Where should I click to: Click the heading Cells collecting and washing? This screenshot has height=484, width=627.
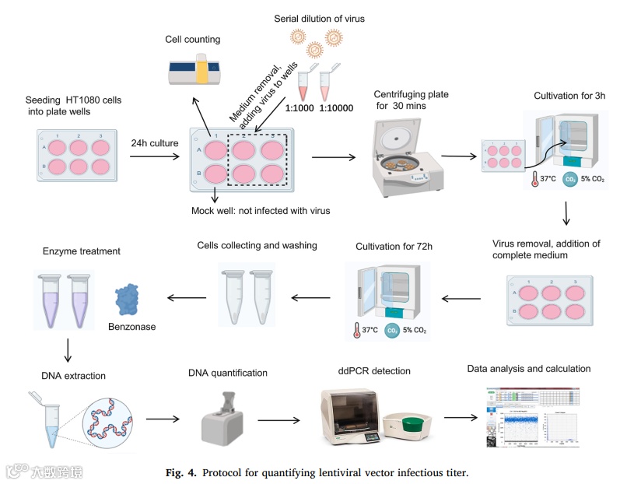point(257,246)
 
